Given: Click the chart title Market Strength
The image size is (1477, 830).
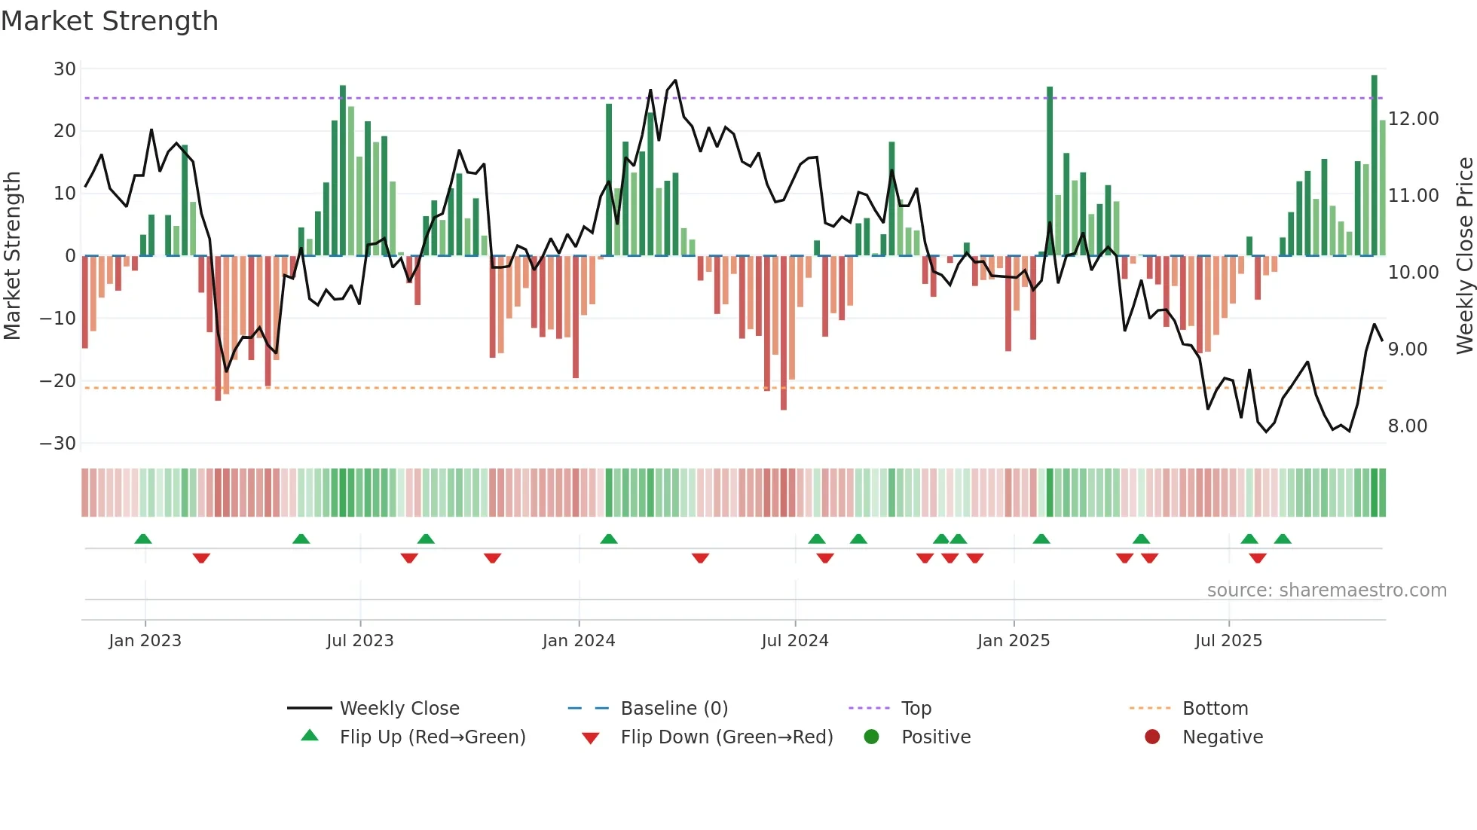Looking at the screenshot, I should tap(109, 21).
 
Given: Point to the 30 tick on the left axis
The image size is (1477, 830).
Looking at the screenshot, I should tap(65, 69).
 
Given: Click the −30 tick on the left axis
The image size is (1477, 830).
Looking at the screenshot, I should tap(58, 444).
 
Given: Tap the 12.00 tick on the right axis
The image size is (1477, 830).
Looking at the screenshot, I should tap(1413, 119).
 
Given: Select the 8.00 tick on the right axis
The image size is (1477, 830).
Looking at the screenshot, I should tap(1407, 426).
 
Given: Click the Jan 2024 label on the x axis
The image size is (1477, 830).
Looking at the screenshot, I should tap(578, 641).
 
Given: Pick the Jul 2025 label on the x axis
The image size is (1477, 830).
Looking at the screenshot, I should tap(1228, 641).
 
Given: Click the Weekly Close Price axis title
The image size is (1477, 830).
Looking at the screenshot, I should tap(1464, 255).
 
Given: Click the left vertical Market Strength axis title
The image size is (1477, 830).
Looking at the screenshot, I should tap(13, 255).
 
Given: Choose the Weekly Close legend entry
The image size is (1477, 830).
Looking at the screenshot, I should tap(399, 709).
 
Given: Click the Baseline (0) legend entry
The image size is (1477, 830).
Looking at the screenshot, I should tap(674, 709).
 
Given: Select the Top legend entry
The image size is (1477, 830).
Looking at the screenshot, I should tap(916, 709).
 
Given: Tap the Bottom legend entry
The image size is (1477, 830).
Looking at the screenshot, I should tap(1215, 709).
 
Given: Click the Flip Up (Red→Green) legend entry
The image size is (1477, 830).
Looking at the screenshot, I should tap(432, 737).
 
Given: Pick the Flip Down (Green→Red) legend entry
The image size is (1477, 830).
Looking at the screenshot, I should tap(726, 737).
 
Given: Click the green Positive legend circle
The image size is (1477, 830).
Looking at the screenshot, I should tap(871, 737).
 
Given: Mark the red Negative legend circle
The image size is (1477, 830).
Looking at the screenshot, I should tap(1152, 737).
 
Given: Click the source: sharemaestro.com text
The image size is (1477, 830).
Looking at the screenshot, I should tap(1326, 590).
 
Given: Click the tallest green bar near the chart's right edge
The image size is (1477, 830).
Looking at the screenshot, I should tap(1374, 166).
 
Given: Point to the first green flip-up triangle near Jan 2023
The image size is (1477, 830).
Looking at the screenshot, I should tap(143, 539).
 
